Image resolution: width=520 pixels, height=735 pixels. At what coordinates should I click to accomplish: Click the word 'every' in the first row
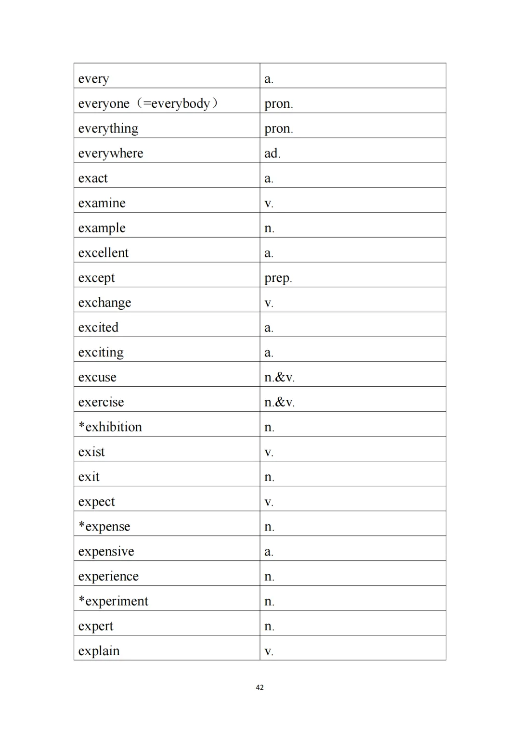(x=93, y=79)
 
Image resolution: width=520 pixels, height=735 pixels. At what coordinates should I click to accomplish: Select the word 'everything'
(x=108, y=128)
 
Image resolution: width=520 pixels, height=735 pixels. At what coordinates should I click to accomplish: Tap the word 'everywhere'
(x=110, y=153)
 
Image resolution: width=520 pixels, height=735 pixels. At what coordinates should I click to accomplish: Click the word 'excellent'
(x=103, y=253)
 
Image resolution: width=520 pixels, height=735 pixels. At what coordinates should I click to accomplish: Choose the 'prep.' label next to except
(x=278, y=278)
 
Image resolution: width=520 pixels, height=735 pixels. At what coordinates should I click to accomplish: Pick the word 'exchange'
(x=104, y=303)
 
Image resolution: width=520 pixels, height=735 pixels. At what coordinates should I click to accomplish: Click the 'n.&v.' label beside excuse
(x=279, y=378)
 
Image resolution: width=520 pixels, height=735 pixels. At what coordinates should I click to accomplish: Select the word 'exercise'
(x=101, y=402)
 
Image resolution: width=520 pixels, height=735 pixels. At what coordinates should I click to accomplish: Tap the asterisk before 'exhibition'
(x=81, y=425)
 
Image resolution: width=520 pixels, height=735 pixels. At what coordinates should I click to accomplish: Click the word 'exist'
(x=91, y=452)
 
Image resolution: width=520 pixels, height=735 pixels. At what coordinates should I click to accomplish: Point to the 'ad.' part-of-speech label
(x=272, y=153)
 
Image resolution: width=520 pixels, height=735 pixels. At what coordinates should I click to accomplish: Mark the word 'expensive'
(x=106, y=552)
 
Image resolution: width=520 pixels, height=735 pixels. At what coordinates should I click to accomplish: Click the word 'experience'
(x=108, y=576)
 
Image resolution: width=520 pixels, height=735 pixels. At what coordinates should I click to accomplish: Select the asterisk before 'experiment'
(x=81, y=599)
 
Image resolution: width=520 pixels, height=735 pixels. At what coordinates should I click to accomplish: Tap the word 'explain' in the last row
(x=99, y=651)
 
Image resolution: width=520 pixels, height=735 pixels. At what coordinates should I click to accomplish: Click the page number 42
(x=260, y=687)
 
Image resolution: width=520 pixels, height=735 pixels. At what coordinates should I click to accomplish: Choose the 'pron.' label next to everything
(x=278, y=129)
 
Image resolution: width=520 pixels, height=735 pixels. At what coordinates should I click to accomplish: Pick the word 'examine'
(x=102, y=203)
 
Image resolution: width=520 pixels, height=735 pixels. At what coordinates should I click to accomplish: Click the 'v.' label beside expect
(x=269, y=502)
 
